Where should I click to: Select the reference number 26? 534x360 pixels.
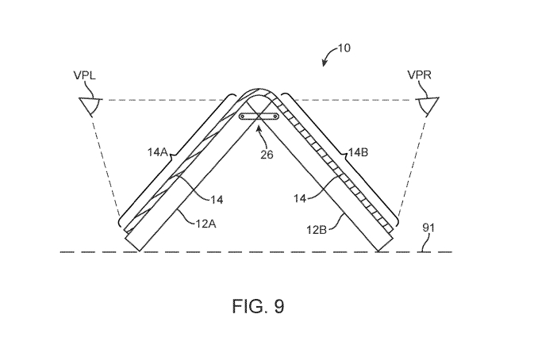267,155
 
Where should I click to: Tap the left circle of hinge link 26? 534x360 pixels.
243,117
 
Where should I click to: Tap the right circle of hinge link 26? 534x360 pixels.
275,117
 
